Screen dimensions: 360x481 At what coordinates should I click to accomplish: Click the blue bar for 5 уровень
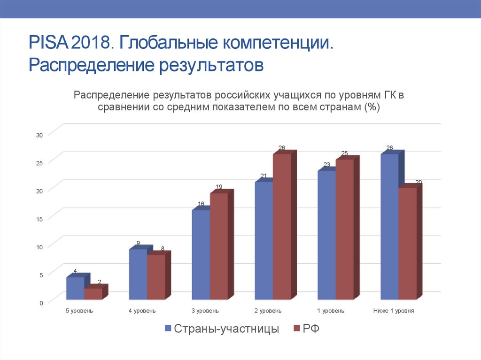[75, 288]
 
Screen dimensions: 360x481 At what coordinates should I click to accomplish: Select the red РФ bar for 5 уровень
[93, 294]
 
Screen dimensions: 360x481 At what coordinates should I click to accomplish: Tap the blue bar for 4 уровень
[138, 274]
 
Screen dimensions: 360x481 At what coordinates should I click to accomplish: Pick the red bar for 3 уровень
[219, 246]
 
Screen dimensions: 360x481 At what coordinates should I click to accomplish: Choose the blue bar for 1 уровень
[326, 235]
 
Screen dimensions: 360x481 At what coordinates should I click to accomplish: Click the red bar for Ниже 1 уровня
[407, 243]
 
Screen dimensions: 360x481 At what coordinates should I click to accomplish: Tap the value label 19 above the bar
[219, 187]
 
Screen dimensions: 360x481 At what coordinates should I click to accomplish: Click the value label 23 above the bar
[326, 164]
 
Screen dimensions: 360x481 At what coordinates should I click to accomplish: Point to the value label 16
[201, 204]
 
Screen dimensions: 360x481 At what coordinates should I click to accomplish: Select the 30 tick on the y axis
[39, 135]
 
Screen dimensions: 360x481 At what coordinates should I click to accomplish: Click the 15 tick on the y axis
[39, 219]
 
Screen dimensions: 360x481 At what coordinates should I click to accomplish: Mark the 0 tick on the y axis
[41, 303]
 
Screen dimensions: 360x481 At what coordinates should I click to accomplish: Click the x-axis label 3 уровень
[205, 311]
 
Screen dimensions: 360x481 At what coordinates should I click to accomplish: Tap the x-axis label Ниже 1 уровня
[394, 311]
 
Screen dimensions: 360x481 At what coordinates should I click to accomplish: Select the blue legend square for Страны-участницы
[168, 329]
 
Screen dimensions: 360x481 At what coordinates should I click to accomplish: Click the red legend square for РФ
[296, 329]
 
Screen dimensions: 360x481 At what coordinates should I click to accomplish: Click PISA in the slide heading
[48, 46]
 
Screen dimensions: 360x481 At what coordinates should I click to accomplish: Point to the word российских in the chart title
[241, 95]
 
